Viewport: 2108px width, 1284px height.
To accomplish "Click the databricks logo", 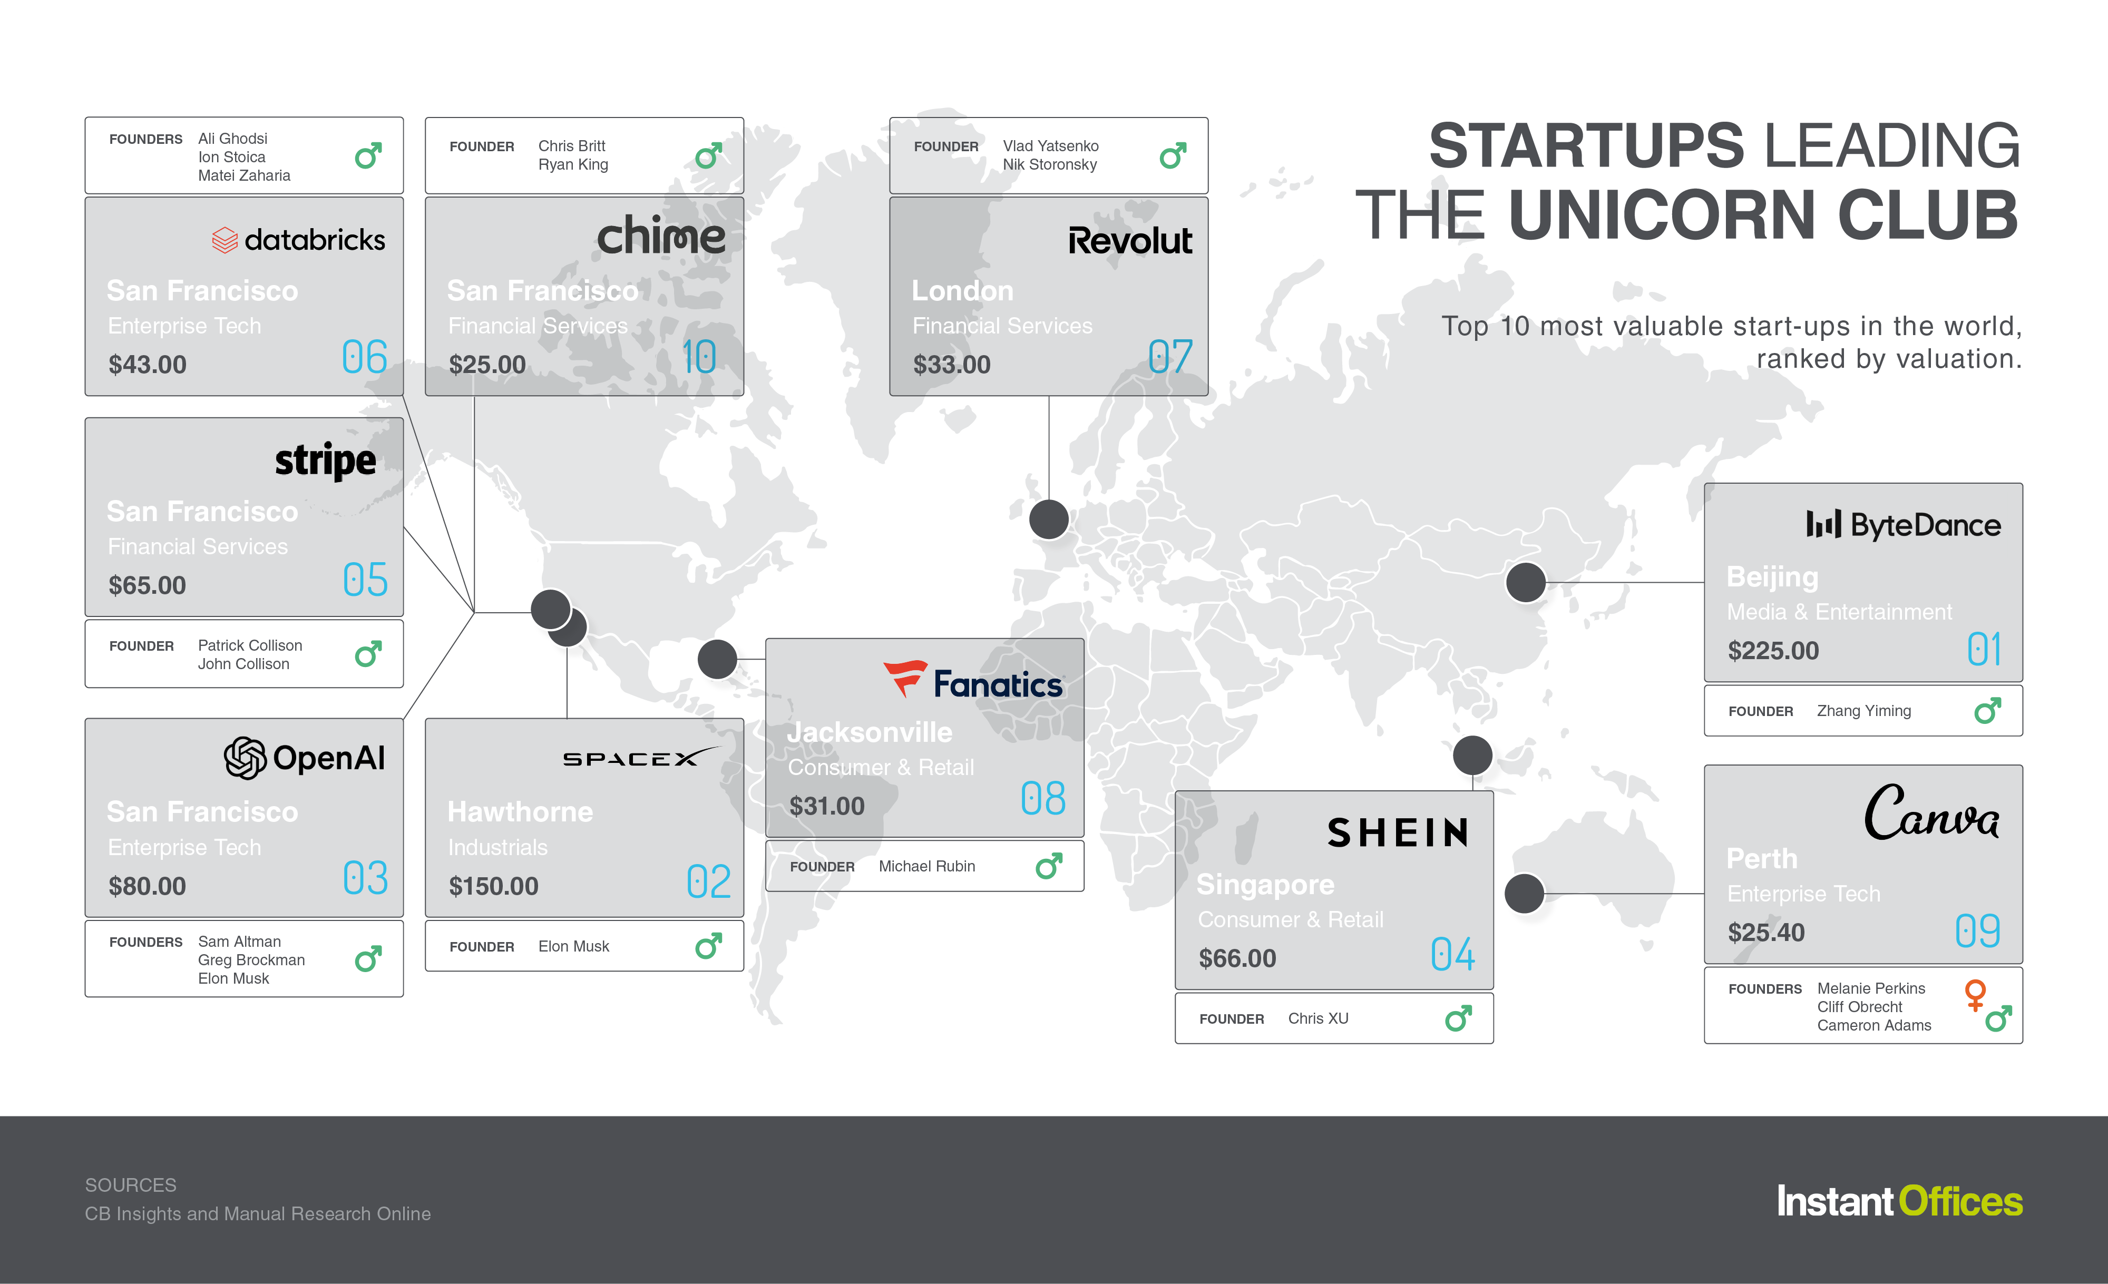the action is (299, 240).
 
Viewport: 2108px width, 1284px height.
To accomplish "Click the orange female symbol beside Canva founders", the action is (1975, 994).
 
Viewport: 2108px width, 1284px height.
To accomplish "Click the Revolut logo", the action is (1130, 240).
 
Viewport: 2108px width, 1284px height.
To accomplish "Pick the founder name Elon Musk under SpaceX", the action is (573, 946).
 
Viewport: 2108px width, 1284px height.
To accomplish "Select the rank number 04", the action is (1452, 954).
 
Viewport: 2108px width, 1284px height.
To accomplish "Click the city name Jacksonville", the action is (869, 732).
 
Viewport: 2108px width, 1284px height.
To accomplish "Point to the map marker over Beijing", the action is (1525, 583).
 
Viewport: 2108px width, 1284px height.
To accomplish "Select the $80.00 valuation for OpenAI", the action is (147, 886).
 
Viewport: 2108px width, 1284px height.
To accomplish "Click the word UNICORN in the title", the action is (1662, 215).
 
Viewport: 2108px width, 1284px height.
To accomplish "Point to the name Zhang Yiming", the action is (1863, 711).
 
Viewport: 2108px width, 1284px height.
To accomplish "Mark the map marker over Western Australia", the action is (1524, 893).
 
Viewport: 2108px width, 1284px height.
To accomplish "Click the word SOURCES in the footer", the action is (131, 1185).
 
